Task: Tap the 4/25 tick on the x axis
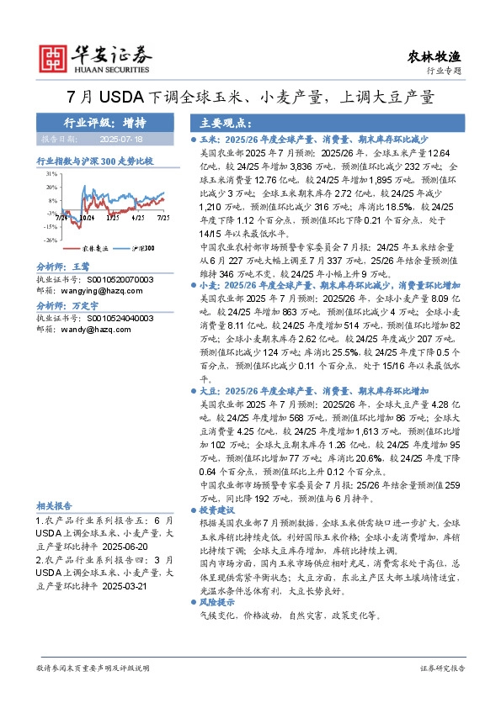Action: click(x=138, y=218)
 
